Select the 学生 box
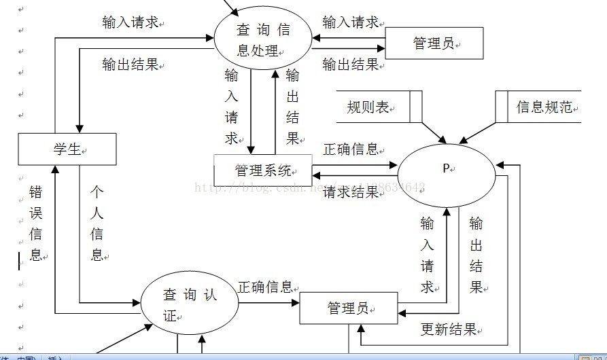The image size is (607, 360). [x=67, y=149]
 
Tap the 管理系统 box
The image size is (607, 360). [x=262, y=170]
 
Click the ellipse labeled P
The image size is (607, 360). [x=447, y=169]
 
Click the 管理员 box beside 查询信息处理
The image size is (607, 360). [x=434, y=44]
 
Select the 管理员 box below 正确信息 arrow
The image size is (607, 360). [x=349, y=308]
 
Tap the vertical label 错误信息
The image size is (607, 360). [x=36, y=223]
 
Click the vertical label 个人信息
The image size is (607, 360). [x=97, y=223]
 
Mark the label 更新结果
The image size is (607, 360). [x=449, y=330]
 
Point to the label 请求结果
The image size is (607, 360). [x=351, y=192]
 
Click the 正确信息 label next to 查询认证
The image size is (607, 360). [x=265, y=287]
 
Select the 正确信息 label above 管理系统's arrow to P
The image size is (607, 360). [x=351, y=149]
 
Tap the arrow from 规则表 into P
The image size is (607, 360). [x=431, y=132]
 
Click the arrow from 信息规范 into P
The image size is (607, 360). [x=479, y=132]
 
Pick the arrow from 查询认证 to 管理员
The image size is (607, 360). [x=269, y=302]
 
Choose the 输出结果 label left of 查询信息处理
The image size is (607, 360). [x=130, y=65]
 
